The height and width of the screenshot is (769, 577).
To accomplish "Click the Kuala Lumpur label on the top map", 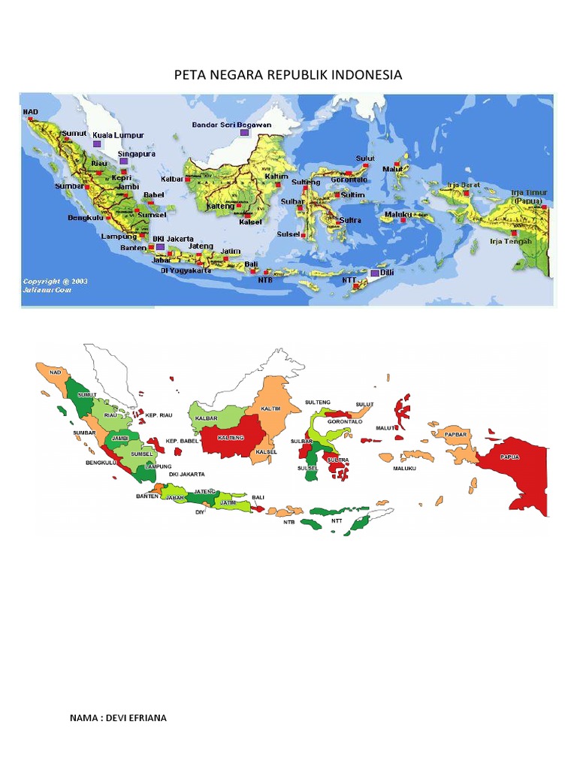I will click(118, 135).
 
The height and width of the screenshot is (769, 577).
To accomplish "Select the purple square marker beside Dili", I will click(375, 273).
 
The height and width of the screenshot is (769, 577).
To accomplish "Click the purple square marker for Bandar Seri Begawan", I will click(244, 132).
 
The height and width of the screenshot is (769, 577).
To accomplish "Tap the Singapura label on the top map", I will click(136, 153).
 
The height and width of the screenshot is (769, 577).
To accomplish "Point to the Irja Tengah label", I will click(510, 241).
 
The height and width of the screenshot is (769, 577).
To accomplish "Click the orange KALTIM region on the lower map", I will click(272, 409).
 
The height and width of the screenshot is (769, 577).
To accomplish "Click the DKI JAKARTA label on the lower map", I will click(187, 475).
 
